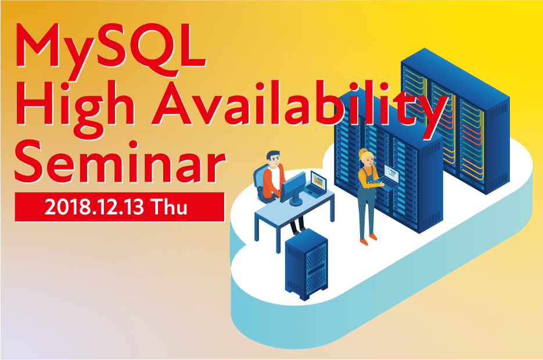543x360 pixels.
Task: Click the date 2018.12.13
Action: pos(94,207)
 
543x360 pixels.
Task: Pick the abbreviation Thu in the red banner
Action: pos(170,207)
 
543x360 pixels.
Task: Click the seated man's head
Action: pos(273,159)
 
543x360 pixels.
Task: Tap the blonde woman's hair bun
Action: pos(364,152)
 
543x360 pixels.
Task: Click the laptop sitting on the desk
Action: pos(317,185)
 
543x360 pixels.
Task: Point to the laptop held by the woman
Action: pos(390,176)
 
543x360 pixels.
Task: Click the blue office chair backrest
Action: pos(259,182)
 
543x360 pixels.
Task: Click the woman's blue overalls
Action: pos(368,204)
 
